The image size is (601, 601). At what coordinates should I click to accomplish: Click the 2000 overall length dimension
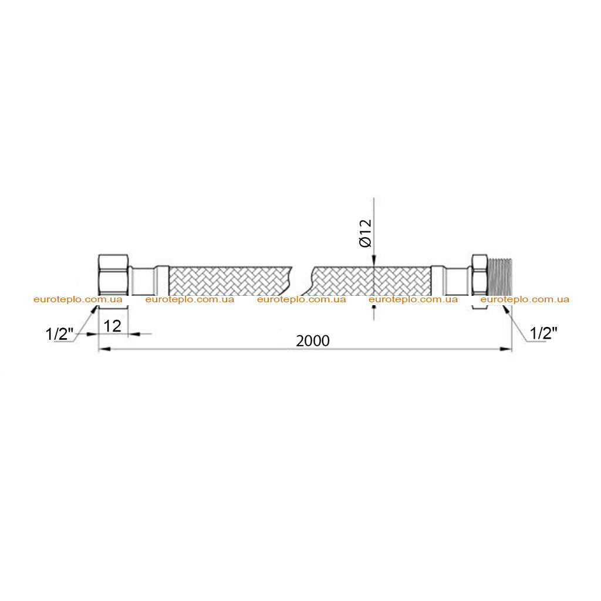coord(312,341)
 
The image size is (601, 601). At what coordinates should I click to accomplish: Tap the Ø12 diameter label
coord(366,233)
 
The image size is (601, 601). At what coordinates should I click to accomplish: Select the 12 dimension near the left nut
coord(112,326)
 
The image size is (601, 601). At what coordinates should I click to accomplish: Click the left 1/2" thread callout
coord(59,334)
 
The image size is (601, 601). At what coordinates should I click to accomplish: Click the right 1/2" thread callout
coord(543,333)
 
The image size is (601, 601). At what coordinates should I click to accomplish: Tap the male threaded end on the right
coord(500,278)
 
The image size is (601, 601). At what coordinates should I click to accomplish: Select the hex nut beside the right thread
coord(480,278)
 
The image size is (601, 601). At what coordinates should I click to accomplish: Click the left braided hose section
coord(230,281)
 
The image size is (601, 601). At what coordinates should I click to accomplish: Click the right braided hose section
coord(371,281)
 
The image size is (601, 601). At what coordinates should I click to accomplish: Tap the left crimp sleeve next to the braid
coord(162,281)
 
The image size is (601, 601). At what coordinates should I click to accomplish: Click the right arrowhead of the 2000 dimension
coord(506,349)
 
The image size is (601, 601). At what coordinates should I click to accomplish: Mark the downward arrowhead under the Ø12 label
coord(374,261)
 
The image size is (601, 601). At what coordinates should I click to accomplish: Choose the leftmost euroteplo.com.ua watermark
coord(78,299)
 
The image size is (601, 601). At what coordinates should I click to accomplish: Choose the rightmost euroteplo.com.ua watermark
coord(525,299)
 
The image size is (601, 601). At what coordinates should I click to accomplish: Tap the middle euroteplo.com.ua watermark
coord(301,299)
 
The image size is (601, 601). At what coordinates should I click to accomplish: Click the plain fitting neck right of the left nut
coord(142,281)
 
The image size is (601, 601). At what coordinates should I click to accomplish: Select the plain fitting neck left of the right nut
coord(458,281)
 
